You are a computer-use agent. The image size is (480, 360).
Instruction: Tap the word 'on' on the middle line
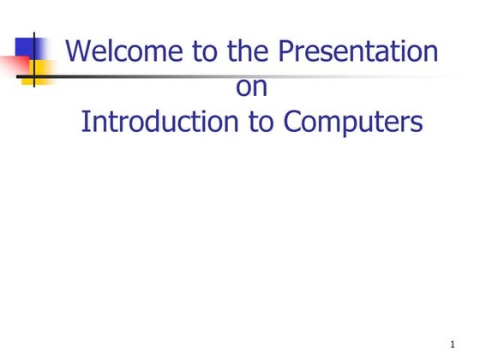coord(251,87)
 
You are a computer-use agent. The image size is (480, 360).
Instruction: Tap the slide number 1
coord(451,344)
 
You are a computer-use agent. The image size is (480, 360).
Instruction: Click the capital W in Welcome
coord(79,52)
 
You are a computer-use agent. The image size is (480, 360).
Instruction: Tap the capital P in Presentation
coord(287,52)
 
